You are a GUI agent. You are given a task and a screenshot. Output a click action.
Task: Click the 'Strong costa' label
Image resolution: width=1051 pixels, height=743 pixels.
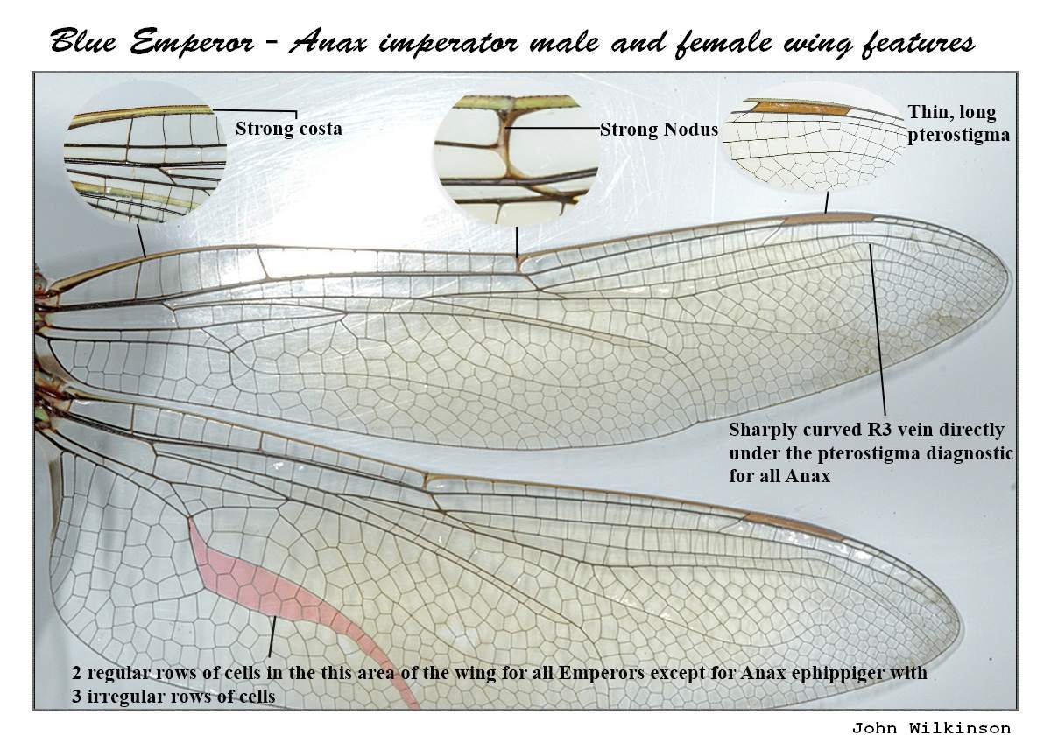coord(288,129)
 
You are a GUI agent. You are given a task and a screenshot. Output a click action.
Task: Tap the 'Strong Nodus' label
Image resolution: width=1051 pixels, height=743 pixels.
coord(659,130)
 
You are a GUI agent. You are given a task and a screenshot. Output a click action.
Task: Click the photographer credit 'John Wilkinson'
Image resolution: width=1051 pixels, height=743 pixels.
coord(930,728)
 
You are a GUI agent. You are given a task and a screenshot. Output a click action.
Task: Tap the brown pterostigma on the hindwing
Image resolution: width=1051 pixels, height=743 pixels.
coord(793,525)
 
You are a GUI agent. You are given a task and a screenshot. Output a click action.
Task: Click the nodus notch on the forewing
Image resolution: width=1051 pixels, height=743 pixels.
coord(522,261)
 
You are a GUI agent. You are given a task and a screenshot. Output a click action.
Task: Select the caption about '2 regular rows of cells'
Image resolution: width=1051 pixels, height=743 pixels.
coord(499,685)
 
